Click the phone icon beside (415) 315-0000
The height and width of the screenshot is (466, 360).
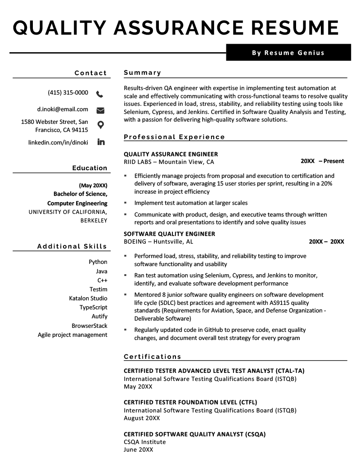[x=100, y=94]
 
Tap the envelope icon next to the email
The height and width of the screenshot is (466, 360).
[x=100, y=110]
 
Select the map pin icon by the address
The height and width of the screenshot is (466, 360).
[x=100, y=125]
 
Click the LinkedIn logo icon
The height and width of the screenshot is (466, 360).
[x=101, y=142]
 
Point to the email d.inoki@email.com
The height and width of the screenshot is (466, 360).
[x=63, y=109]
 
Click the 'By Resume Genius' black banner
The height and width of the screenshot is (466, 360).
[x=288, y=53]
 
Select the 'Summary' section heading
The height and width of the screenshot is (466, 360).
[x=142, y=72]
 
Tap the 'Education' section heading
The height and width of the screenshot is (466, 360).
[x=90, y=168]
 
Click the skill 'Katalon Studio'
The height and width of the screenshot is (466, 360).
[x=88, y=299]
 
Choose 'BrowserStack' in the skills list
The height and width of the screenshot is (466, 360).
[x=90, y=326]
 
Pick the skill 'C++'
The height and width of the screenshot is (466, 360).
[x=102, y=280]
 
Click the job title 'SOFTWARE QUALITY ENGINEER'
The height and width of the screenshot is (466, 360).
[x=169, y=234]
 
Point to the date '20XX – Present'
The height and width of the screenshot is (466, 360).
[x=322, y=161]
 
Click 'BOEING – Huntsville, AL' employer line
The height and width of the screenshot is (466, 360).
[x=158, y=242]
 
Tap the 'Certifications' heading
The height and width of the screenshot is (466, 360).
[x=152, y=357]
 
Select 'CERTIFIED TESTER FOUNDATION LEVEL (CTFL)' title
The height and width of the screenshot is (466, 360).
[x=190, y=403]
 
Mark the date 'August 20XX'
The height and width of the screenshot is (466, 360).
[x=142, y=418]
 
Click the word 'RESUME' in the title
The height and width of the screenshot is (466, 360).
[x=295, y=27]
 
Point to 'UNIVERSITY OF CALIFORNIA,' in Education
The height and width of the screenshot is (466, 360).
[x=68, y=212]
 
